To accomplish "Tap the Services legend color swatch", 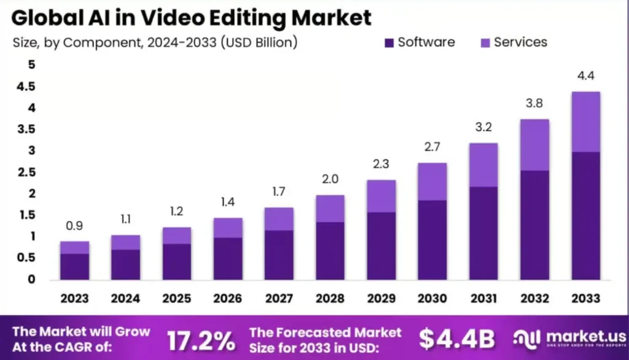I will point(485,43).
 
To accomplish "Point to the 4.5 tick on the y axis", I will point(27,87).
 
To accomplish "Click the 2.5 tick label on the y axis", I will point(27,172).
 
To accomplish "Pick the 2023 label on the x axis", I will point(74,299).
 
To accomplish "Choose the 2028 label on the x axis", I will point(330,299).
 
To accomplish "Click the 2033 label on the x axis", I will point(585,299).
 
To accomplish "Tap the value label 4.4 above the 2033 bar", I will point(585,77).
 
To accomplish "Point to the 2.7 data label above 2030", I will point(432,148).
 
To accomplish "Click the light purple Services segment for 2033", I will point(585,122).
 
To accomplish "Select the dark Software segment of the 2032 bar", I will point(534,224).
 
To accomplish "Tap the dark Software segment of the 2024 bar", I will point(125,264).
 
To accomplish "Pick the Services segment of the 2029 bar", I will point(381,196).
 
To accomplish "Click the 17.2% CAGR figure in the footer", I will point(200,339).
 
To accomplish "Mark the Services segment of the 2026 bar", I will point(228,227).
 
